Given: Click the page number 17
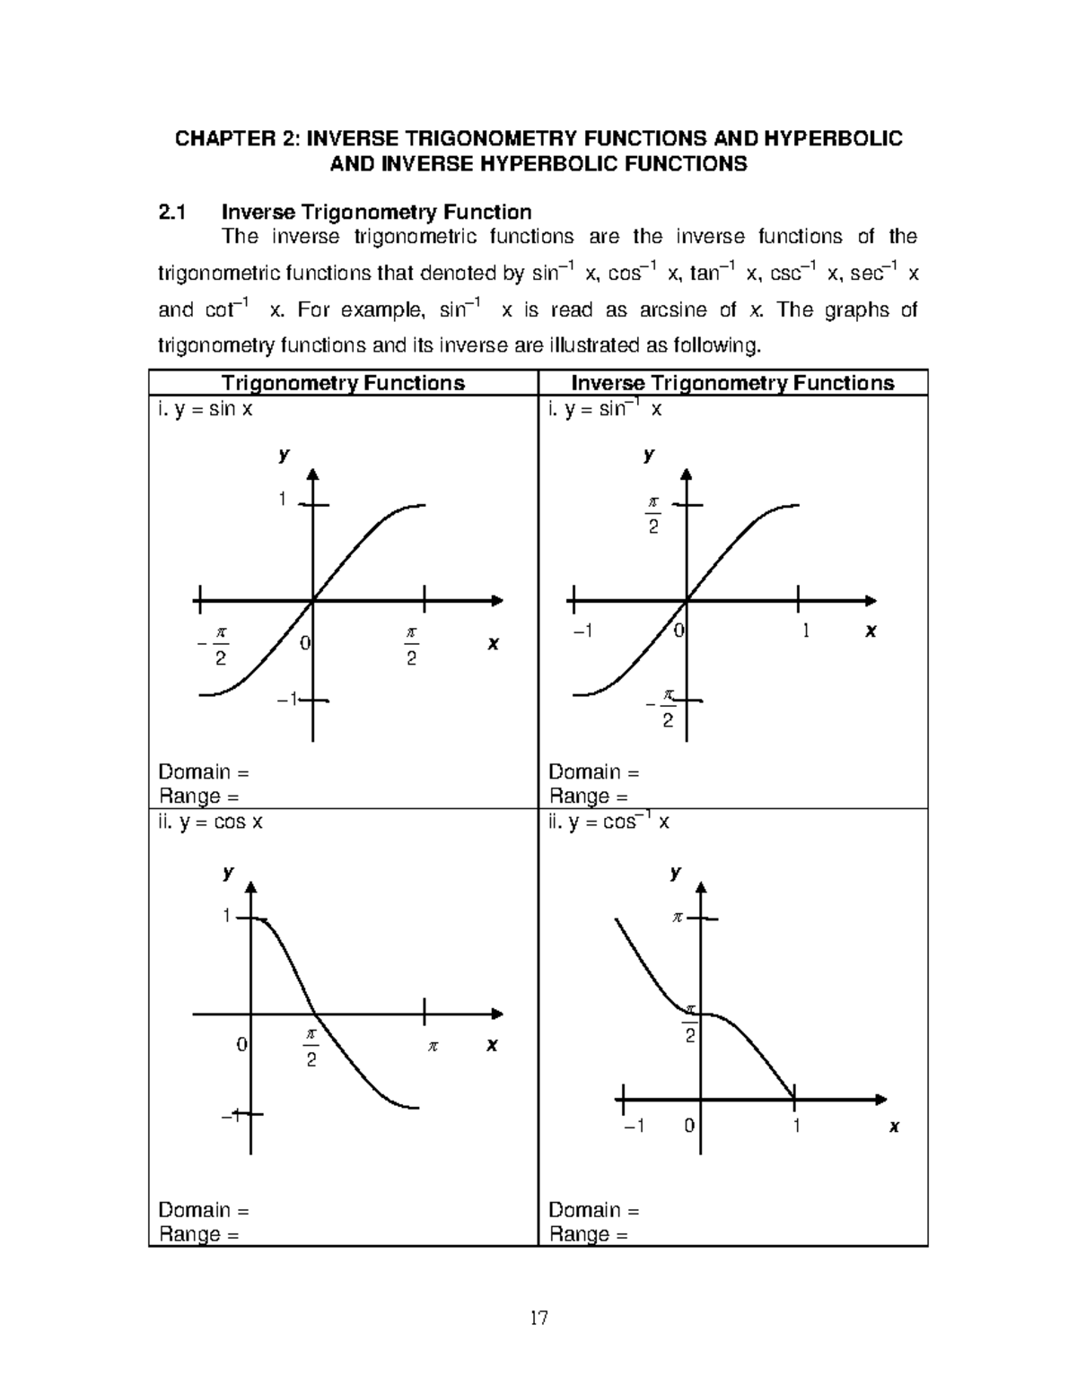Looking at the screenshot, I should tap(538, 1318).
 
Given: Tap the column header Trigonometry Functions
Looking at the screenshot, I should tap(343, 383).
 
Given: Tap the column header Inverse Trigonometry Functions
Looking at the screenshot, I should tap(732, 383).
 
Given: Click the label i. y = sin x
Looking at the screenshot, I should tap(206, 410).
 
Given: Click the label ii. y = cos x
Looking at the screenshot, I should tap(210, 822).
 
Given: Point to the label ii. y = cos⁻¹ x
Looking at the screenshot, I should tap(609, 822).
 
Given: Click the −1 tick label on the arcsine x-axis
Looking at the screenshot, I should tap(582, 631).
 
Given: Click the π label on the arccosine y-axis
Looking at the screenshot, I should tap(679, 918).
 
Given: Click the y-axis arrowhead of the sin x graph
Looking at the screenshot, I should tap(312, 475).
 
